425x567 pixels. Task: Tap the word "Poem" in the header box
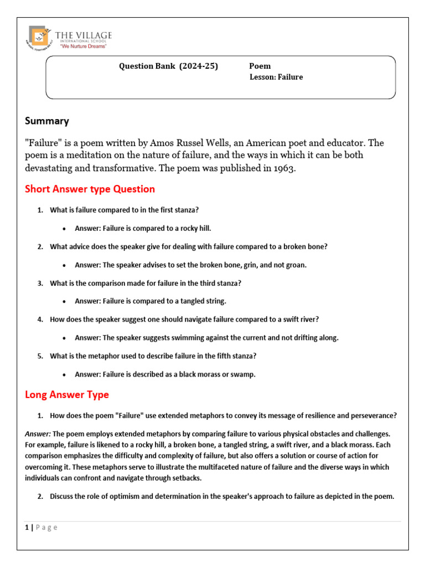pyautogui.click(x=260, y=66)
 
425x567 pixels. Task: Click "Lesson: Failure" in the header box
pyautogui.click(x=276, y=77)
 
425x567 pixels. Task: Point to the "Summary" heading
pyautogui.click(x=47, y=121)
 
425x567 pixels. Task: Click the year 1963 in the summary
pyautogui.click(x=284, y=169)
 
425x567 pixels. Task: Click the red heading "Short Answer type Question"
pyautogui.click(x=90, y=189)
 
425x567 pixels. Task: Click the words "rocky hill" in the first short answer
pyautogui.click(x=195, y=228)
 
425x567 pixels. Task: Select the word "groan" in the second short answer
pyautogui.click(x=296, y=265)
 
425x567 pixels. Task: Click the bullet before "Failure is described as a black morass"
pyautogui.click(x=65, y=375)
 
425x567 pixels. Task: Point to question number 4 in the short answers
pyautogui.click(x=40, y=319)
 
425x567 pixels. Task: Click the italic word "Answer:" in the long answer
pyautogui.click(x=37, y=434)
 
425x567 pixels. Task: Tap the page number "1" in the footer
pyautogui.click(x=27, y=527)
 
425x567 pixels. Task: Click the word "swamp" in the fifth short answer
pyautogui.click(x=244, y=374)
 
